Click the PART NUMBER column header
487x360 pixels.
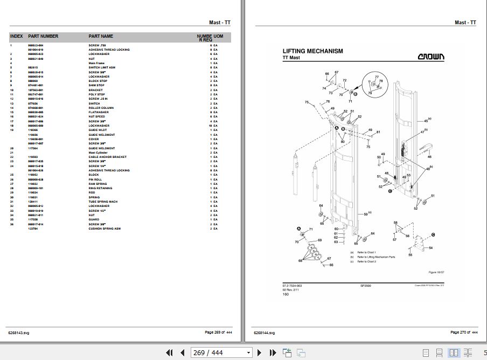(43, 36)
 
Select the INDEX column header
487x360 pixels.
(17, 36)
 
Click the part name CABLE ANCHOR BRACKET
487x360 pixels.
(108, 157)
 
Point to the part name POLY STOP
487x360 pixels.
(97, 94)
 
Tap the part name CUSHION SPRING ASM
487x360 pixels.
(106, 229)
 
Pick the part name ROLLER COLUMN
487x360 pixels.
(102, 108)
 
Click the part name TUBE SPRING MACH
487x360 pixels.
(103, 202)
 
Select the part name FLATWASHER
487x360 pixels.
(99, 112)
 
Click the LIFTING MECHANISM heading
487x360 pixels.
(312, 51)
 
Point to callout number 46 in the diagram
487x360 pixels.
(429, 157)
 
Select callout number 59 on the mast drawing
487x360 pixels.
(366, 214)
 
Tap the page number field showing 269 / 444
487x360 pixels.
(221, 353)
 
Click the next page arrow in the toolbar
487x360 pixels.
(259, 353)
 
